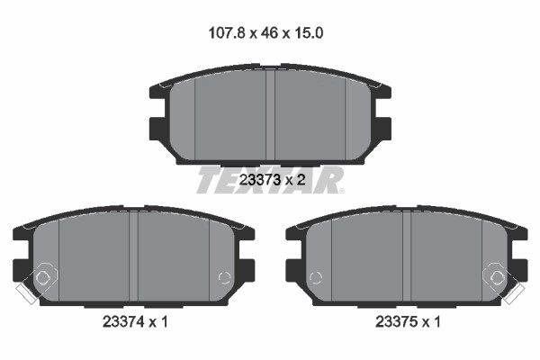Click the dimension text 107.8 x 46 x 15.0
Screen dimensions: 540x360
[x=265, y=33]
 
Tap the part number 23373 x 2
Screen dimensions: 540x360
[x=272, y=179]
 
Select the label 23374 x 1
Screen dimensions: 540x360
[x=135, y=322]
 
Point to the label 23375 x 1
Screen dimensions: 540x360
[x=408, y=322]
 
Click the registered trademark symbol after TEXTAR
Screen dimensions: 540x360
[x=341, y=191]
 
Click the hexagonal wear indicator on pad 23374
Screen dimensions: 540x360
[x=43, y=276]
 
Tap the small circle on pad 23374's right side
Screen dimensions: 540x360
[x=224, y=277]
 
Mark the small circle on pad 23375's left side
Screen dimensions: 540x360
[x=316, y=277]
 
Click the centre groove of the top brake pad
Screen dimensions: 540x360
[x=270, y=115]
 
